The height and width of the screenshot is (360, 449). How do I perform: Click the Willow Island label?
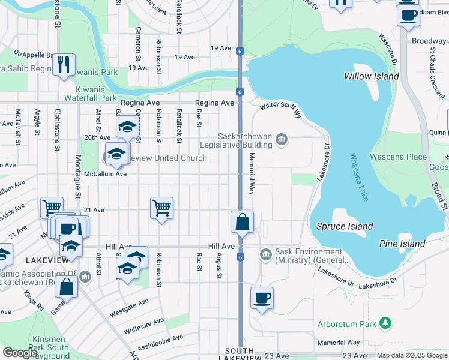coord(371,76)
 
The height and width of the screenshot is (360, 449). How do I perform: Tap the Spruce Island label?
coord(345,226)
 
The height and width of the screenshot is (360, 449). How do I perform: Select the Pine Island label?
coord(402,244)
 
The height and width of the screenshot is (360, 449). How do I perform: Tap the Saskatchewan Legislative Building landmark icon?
coord(281,140)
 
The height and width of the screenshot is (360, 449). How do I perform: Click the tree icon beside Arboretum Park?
coord(386,324)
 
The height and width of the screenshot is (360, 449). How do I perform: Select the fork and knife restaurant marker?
coord(64,64)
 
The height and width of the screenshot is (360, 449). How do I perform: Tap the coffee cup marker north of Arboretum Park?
coord(261,298)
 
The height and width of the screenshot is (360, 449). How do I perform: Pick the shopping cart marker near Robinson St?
coord(161,208)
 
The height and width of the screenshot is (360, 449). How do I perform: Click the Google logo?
coord(20,353)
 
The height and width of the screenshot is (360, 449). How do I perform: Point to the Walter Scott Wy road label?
coord(279,106)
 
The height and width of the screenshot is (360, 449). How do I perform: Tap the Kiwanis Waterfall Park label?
coord(91,98)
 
